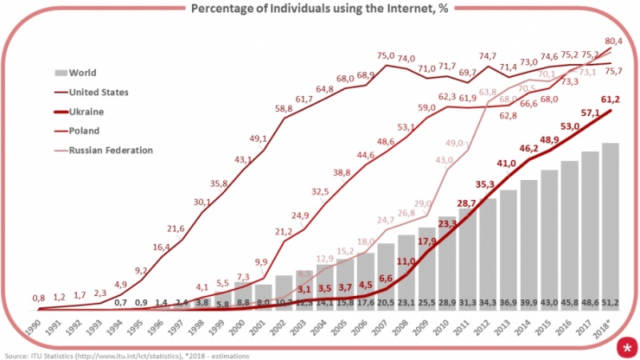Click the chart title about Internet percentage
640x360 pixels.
320,9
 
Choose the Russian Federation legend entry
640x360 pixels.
111,150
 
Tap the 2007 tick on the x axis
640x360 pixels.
387,329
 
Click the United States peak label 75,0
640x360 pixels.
386,56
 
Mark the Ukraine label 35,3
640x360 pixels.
486,184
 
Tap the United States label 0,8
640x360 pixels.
38,298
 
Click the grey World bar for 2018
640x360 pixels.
610,224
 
